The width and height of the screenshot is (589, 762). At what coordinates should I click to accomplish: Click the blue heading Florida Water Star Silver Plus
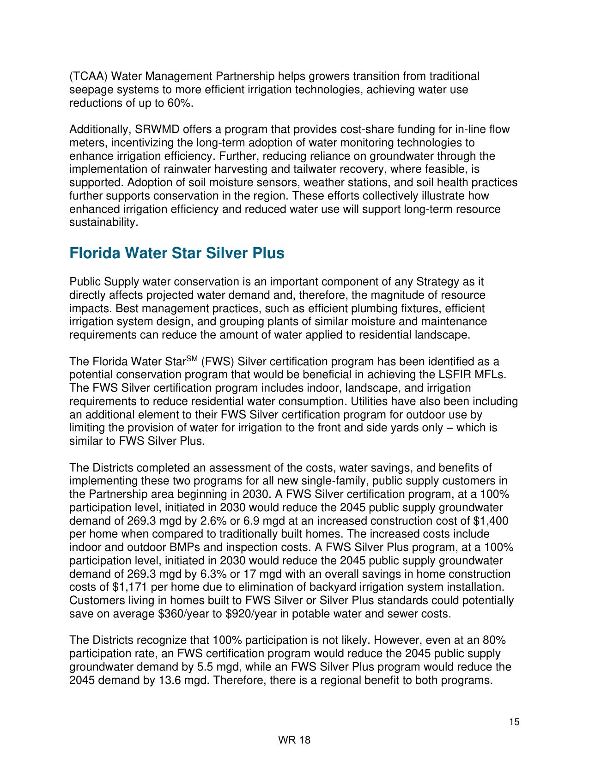(176, 254)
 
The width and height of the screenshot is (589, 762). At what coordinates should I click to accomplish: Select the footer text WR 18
(294, 740)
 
